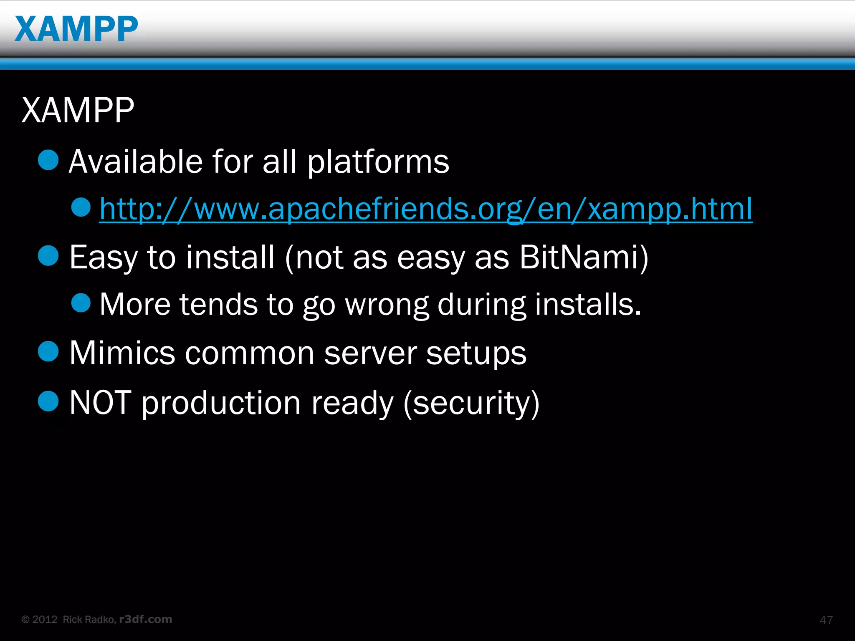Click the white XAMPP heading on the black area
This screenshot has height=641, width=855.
tap(78, 110)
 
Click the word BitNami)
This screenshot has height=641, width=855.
tap(584, 257)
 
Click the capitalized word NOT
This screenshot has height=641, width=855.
tap(100, 403)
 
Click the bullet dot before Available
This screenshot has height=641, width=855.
tap(48, 160)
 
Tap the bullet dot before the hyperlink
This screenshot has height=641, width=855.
tap(81, 207)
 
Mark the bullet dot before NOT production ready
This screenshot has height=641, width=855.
tap(48, 401)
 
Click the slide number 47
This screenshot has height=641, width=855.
tap(826, 620)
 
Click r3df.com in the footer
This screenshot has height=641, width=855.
tap(145, 619)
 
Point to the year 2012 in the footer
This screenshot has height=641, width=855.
tap(45, 619)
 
